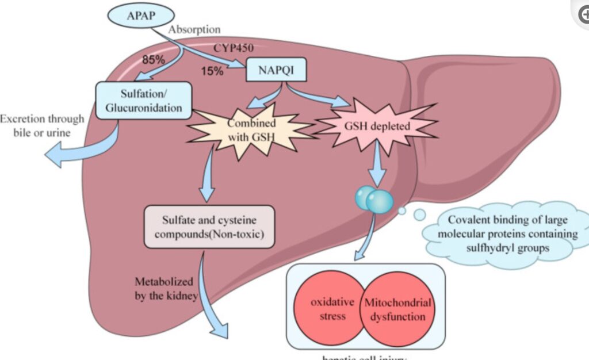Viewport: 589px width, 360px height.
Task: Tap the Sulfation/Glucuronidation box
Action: [x=144, y=99]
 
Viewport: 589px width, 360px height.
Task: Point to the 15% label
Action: [x=213, y=71]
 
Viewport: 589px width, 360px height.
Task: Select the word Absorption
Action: [x=194, y=29]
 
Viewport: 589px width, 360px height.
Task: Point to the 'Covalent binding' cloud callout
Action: [x=504, y=233]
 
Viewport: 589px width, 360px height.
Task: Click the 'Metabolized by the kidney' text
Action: [x=166, y=289]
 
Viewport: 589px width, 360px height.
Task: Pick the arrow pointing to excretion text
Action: [x=86, y=150]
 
